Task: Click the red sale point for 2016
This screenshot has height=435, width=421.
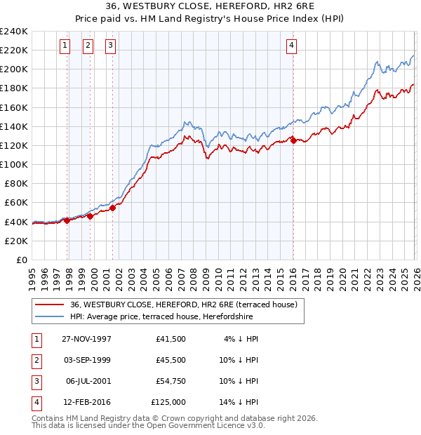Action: [293, 140]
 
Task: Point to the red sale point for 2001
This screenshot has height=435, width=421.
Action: [113, 208]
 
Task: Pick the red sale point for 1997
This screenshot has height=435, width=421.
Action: [67, 220]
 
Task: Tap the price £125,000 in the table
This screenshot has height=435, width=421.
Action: [168, 402]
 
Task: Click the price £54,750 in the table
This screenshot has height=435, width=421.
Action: [171, 381]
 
